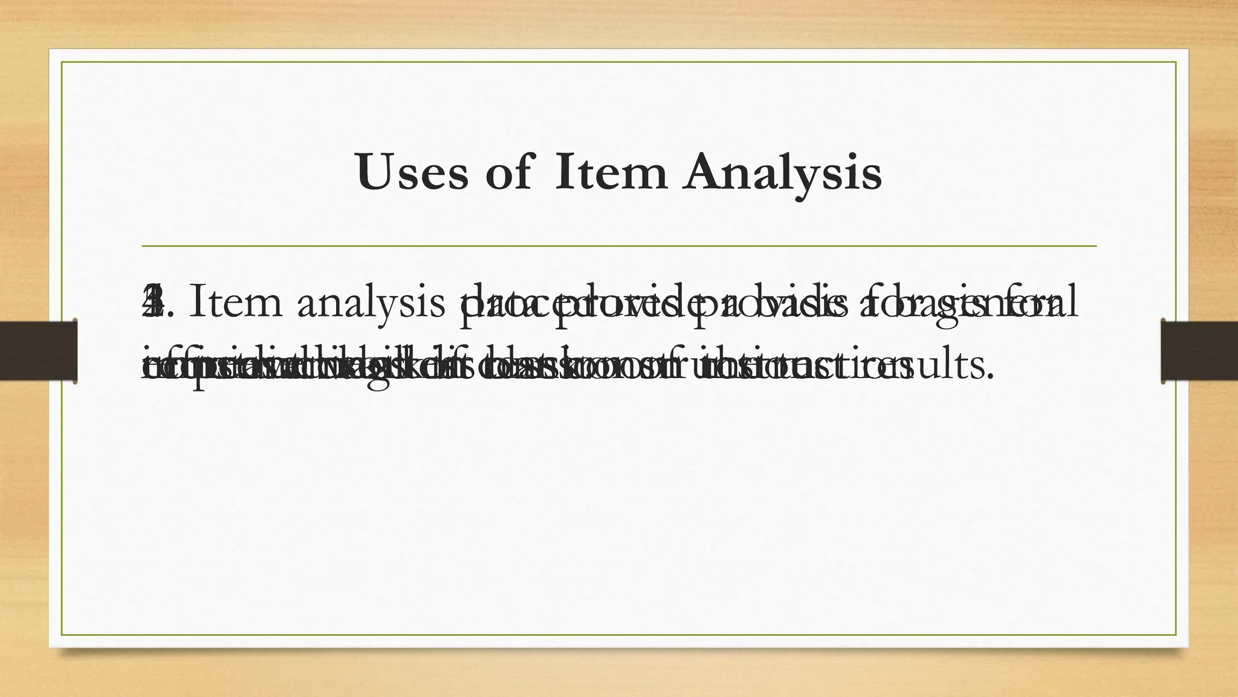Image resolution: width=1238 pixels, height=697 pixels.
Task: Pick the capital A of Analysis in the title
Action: coord(706,172)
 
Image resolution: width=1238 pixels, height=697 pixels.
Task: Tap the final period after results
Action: coord(990,376)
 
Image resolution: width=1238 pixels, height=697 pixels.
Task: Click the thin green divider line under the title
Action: coord(619,246)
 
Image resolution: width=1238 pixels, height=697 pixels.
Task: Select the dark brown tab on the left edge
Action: coord(38,352)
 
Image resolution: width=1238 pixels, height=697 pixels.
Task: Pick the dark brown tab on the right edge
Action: coord(1199,352)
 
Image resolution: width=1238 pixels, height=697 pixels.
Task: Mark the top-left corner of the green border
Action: coord(62,62)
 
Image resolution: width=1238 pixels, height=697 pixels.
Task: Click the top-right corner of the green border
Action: coord(1176,62)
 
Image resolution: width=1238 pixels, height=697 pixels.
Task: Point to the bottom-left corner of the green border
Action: coord(62,635)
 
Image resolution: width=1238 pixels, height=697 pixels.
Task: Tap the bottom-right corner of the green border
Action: coord(1176,635)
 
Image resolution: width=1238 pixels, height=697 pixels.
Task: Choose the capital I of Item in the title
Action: coord(566,172)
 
